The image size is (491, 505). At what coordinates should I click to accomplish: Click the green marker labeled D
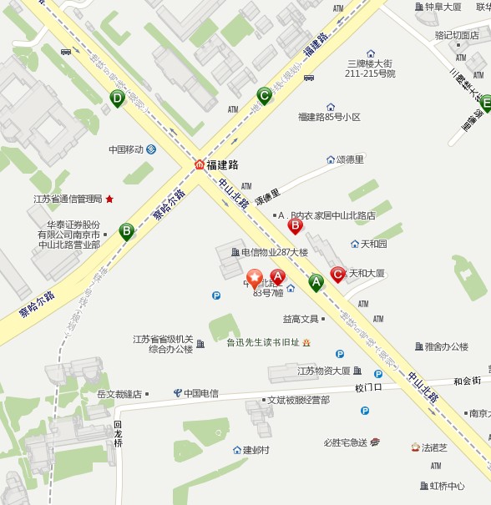118,98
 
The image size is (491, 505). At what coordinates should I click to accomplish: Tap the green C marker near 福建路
264,95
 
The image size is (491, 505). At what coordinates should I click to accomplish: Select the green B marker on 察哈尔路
126,230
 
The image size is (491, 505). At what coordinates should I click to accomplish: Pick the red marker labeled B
295,225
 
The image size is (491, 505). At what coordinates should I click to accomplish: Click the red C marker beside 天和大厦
337,274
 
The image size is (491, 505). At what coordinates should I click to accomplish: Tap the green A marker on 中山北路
316,282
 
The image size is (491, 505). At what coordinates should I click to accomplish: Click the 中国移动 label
126,150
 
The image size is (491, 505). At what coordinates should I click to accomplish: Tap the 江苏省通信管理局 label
68,199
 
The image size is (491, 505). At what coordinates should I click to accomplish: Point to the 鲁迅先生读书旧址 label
263,342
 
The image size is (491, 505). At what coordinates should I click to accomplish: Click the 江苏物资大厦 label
324,371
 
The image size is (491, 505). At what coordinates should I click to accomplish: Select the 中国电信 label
201,393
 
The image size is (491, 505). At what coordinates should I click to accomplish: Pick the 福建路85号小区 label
329,118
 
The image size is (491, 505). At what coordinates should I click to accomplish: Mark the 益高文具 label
301,319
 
